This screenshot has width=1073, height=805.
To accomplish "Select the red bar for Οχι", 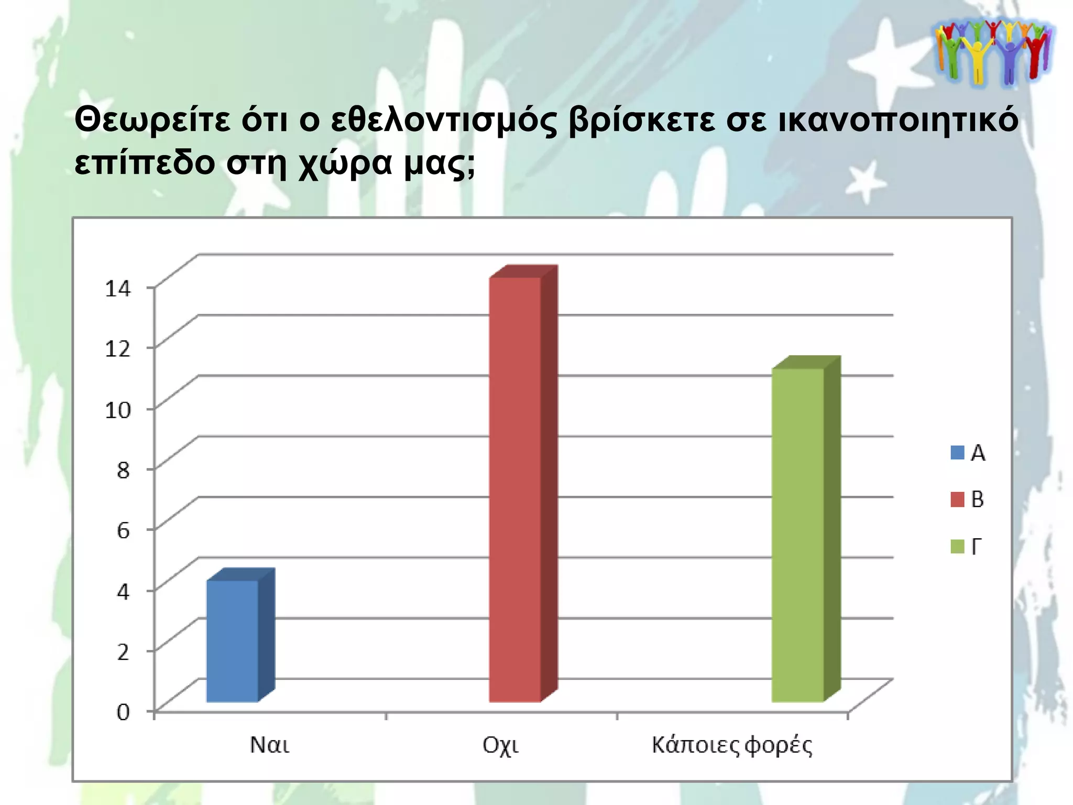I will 515,489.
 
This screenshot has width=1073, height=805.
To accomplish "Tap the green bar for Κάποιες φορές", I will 798,535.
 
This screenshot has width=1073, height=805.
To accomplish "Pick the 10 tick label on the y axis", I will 118,409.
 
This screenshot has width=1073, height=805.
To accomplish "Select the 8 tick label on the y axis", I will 123,470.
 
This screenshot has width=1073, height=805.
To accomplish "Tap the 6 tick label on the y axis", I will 123,530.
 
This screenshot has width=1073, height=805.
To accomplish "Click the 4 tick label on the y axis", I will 123,591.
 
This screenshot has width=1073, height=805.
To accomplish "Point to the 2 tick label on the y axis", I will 123,652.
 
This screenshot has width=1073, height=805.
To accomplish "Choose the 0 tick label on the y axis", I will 123,712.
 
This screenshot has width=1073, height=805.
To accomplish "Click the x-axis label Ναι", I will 269,745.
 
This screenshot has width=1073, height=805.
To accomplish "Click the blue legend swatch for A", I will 957,453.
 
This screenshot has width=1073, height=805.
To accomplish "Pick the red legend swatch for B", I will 957,499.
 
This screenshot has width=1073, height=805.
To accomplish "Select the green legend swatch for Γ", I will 957,547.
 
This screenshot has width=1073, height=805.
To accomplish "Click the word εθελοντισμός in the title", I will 444,121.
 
